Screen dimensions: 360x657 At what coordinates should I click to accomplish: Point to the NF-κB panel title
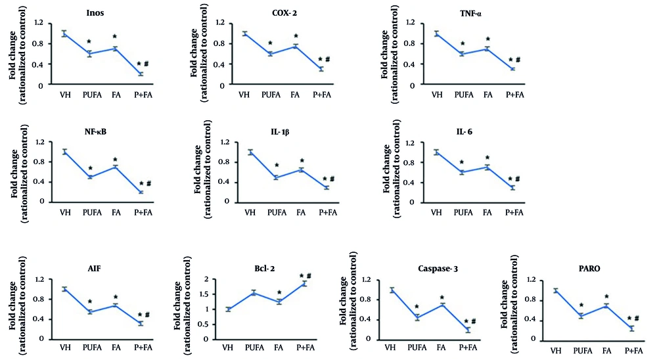click(x=96, y=131)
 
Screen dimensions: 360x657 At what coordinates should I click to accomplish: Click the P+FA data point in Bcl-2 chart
click(x=304, y=284)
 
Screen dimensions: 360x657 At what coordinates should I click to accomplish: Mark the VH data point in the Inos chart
click(x=64, y=34)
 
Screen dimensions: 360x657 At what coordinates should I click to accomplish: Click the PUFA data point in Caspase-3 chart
click(x=417, y=317)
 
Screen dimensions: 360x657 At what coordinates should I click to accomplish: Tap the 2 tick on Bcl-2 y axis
click(x=211, y=279)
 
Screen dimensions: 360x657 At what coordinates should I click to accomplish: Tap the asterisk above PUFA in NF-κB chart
click(x=90, y=169)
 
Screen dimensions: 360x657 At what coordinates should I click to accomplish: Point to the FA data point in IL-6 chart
click(x=487, y=168)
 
